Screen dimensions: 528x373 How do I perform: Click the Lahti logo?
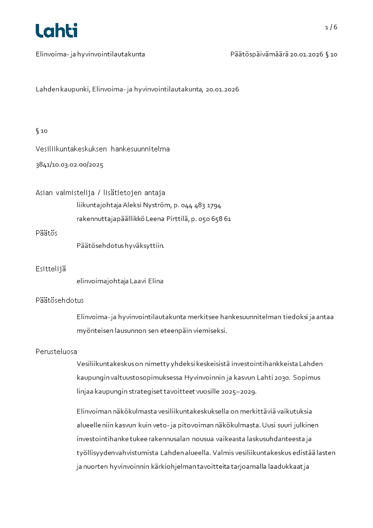[x=56, y=31]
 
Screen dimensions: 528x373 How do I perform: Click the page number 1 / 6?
[x=331, y=27]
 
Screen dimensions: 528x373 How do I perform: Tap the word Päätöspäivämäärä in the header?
[x=259, y=54]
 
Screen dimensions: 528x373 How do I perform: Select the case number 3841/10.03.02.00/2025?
[x=69, y=165]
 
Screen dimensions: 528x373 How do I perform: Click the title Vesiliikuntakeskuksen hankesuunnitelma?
[x=103, y=149]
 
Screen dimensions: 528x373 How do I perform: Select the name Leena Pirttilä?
[x=167, y=219]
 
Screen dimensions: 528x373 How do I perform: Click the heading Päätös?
[x=46, y=233]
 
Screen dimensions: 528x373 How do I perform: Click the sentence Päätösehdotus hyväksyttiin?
[x=120, y=245]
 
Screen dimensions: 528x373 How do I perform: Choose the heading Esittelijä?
[x=50, y=269]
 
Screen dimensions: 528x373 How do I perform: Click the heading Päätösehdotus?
[x=59, y=300]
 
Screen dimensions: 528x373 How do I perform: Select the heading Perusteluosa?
[x=56, y=351]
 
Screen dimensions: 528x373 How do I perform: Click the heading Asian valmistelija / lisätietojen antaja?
[x=100, y=193]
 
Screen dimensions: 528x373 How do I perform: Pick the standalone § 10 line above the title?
[x=41, y=131]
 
